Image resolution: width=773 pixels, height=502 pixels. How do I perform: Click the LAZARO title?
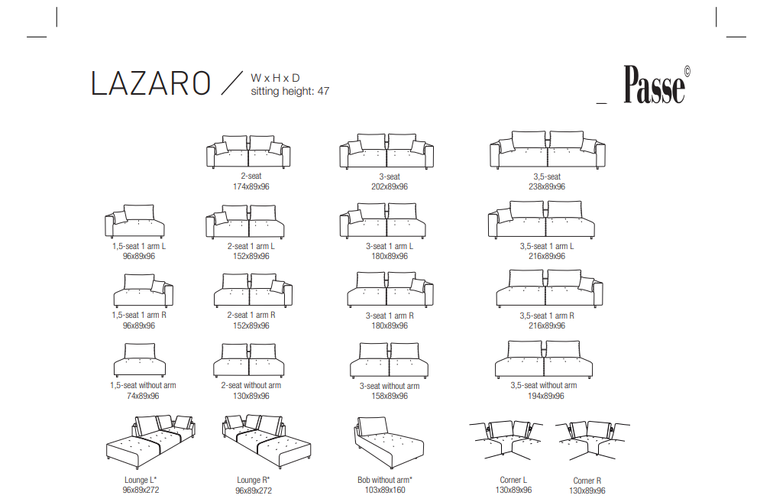[150, 83]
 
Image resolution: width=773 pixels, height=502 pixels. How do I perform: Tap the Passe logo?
[654, 85]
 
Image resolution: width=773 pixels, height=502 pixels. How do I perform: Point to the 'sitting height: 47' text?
[290, 91]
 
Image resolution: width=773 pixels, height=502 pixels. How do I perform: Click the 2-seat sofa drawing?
[248, 151]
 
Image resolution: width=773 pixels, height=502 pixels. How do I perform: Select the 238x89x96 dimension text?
[547, 186]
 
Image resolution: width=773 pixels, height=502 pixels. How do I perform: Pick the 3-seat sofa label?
[390, 176]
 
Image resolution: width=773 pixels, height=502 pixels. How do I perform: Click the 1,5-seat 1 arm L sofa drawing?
[134, 222]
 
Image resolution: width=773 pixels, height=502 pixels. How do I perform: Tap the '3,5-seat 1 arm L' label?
[547, 246]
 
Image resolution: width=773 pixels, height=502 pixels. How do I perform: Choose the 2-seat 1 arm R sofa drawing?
[253, 290]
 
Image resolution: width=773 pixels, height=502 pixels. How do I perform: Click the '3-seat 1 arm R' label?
[390, 316]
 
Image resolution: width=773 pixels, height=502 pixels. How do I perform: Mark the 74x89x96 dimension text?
[143, 396]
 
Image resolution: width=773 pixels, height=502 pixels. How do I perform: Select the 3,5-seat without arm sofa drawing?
[544, 359]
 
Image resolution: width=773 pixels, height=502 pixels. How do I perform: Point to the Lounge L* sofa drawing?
[150, 442]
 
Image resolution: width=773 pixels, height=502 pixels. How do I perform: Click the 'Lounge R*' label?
[254, 480]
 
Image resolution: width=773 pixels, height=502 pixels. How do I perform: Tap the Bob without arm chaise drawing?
[389, 443]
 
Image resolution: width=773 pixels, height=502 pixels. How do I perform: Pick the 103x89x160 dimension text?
[385, 490]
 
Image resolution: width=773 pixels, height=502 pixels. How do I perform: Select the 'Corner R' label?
[587, 481]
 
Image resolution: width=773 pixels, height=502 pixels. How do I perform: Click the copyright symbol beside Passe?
[687, 72]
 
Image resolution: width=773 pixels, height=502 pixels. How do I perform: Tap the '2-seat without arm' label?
[251, 385]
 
